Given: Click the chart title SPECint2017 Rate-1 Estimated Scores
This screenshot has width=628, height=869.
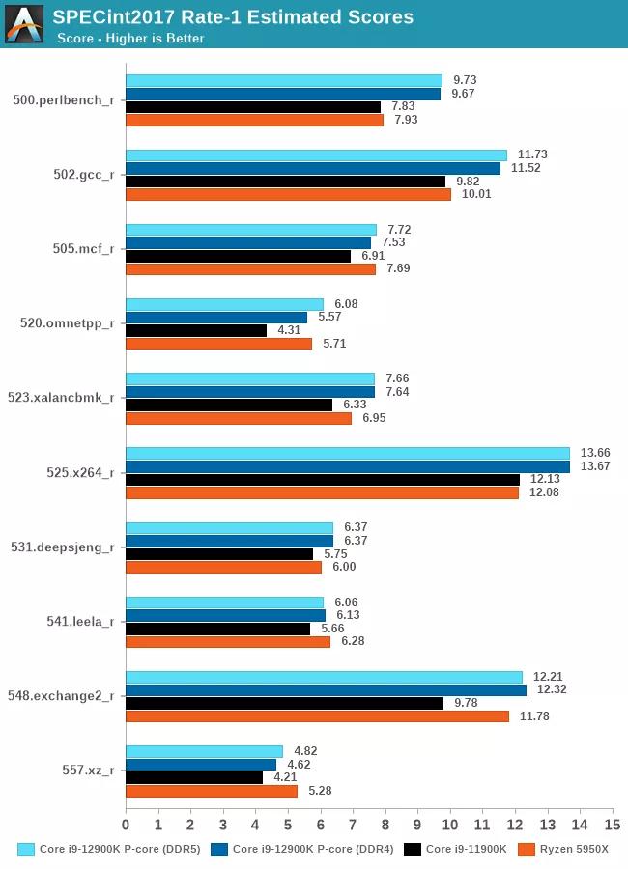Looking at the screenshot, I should (x=232, y=16).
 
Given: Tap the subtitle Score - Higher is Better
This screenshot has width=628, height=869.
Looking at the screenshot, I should (x=130, y=39).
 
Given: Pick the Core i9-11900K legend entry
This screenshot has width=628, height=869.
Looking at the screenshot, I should (x=455, y=849).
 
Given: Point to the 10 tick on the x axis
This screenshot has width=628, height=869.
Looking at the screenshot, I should (x=450, y=825).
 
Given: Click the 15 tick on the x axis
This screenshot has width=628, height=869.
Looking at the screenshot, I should (x=612, y=825).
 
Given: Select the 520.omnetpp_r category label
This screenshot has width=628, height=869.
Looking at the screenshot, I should (x=68, y=323).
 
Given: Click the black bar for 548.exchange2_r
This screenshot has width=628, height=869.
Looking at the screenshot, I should (x=284, y=703).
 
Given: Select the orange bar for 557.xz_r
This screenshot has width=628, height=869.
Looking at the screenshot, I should (x=212, y=791).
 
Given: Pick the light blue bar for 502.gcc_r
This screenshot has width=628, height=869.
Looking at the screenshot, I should (x=316, y=154).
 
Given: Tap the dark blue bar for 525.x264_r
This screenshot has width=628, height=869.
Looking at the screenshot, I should (x=348, y=466).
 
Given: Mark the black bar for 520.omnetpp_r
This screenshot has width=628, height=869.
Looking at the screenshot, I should (x=196, y=330).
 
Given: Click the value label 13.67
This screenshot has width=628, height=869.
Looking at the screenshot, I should (x=595, y=466).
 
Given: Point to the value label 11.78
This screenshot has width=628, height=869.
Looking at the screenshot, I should (x=534, y=716).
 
